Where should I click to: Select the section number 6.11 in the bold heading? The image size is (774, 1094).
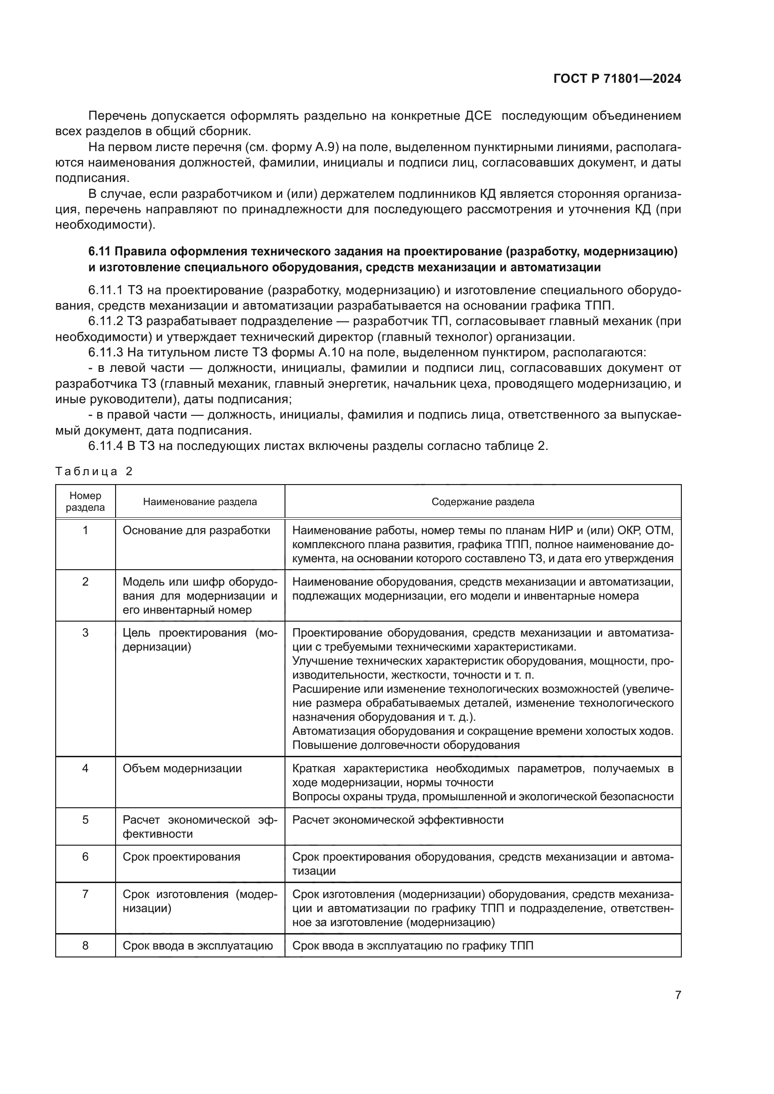pos(99,252)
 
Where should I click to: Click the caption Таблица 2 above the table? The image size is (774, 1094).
pos(94,471)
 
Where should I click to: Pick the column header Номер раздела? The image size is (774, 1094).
pos(85,501)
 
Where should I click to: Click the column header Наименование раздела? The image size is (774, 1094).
pos(200,502)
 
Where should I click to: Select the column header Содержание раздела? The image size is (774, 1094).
pos(482,502)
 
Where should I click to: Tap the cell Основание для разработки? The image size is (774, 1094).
pos(197,530)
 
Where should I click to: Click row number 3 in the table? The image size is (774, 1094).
pos(85,633)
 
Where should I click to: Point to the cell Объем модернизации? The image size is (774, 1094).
pos(182,768)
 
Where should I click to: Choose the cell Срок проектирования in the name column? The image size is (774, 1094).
pos(181,857)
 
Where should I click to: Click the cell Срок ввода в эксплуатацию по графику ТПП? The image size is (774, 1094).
pos(413,945)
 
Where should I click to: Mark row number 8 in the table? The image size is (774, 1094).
pos(85,945)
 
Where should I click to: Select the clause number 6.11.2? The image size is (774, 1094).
pos(106,321)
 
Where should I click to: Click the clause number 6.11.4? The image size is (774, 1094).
pos(106,446)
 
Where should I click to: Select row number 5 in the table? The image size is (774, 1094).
pos(85,819)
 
